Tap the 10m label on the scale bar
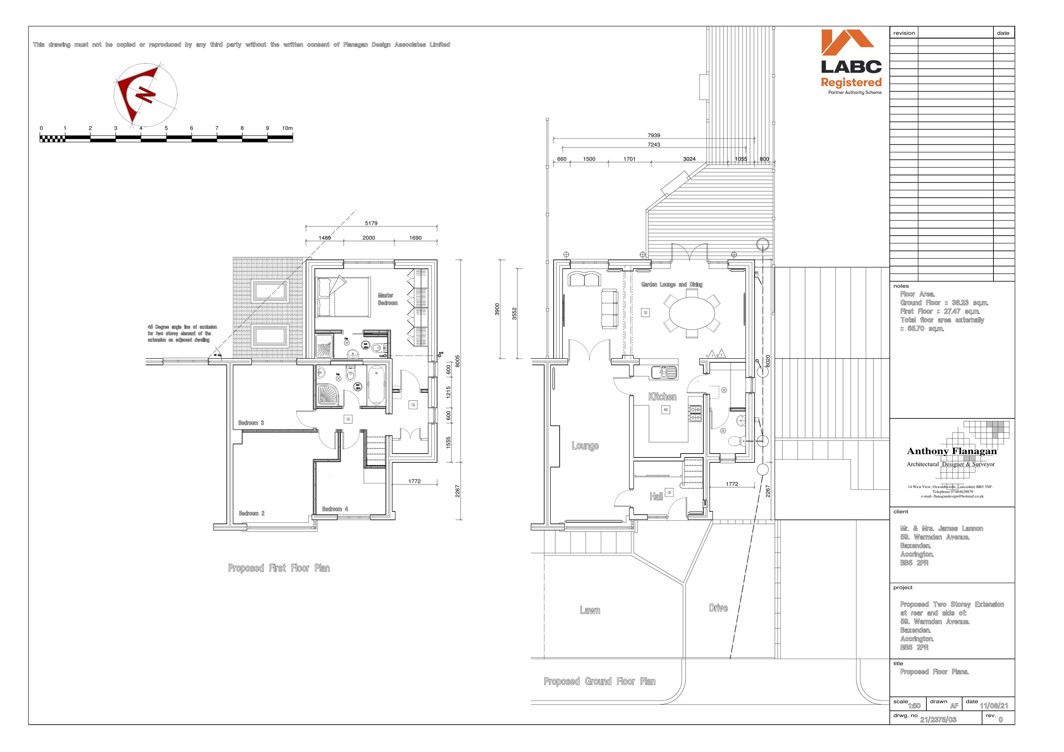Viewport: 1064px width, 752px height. pos(287,128)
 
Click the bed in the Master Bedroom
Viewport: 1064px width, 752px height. pos(343,297)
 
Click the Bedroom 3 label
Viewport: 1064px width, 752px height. pos(251,423)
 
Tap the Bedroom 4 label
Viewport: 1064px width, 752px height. pos(335,509)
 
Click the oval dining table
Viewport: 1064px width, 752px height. pos(692,312)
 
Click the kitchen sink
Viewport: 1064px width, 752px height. pos(663,372)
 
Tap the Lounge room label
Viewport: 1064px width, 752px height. pos(585,446)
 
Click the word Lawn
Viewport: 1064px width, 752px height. pos(589,611)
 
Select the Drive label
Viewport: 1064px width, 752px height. pos(718,608)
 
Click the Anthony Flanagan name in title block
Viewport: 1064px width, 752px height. pos(951,451)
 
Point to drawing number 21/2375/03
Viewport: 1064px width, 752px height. pos(938,720)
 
